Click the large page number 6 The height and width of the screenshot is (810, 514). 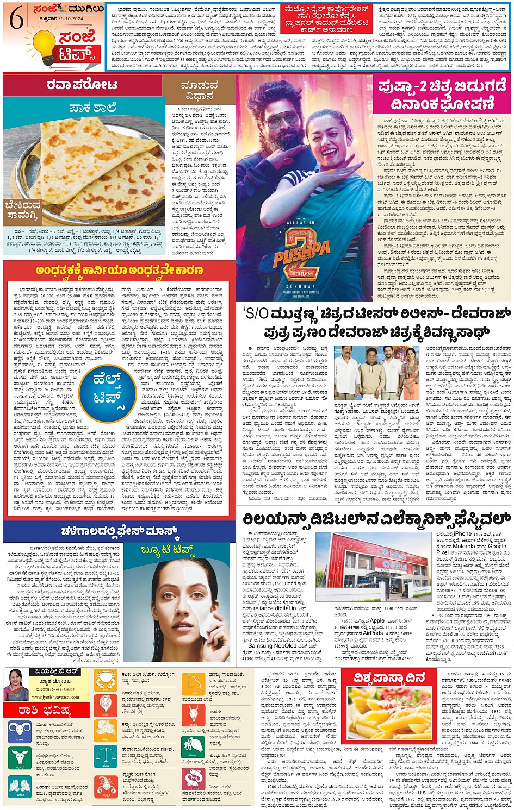coord(16,20)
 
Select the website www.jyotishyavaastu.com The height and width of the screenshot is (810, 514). coord(60,695)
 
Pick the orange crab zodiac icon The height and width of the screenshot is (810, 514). coord(104,681)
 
